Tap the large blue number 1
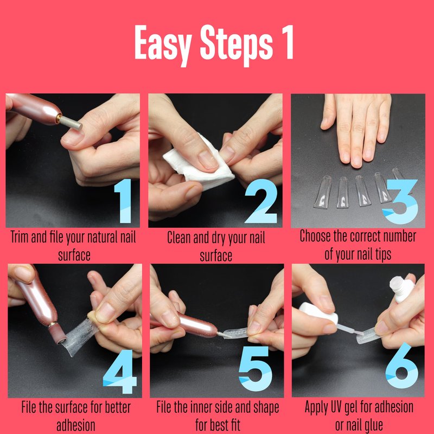123,201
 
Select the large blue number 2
261,201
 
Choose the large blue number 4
120,372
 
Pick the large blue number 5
255,369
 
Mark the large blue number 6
402,365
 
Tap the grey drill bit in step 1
71,123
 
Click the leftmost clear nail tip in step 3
322,192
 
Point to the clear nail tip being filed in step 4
80,336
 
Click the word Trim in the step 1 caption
20,238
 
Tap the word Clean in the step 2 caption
179,238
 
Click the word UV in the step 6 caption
336,407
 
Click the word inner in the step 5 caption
206,407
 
